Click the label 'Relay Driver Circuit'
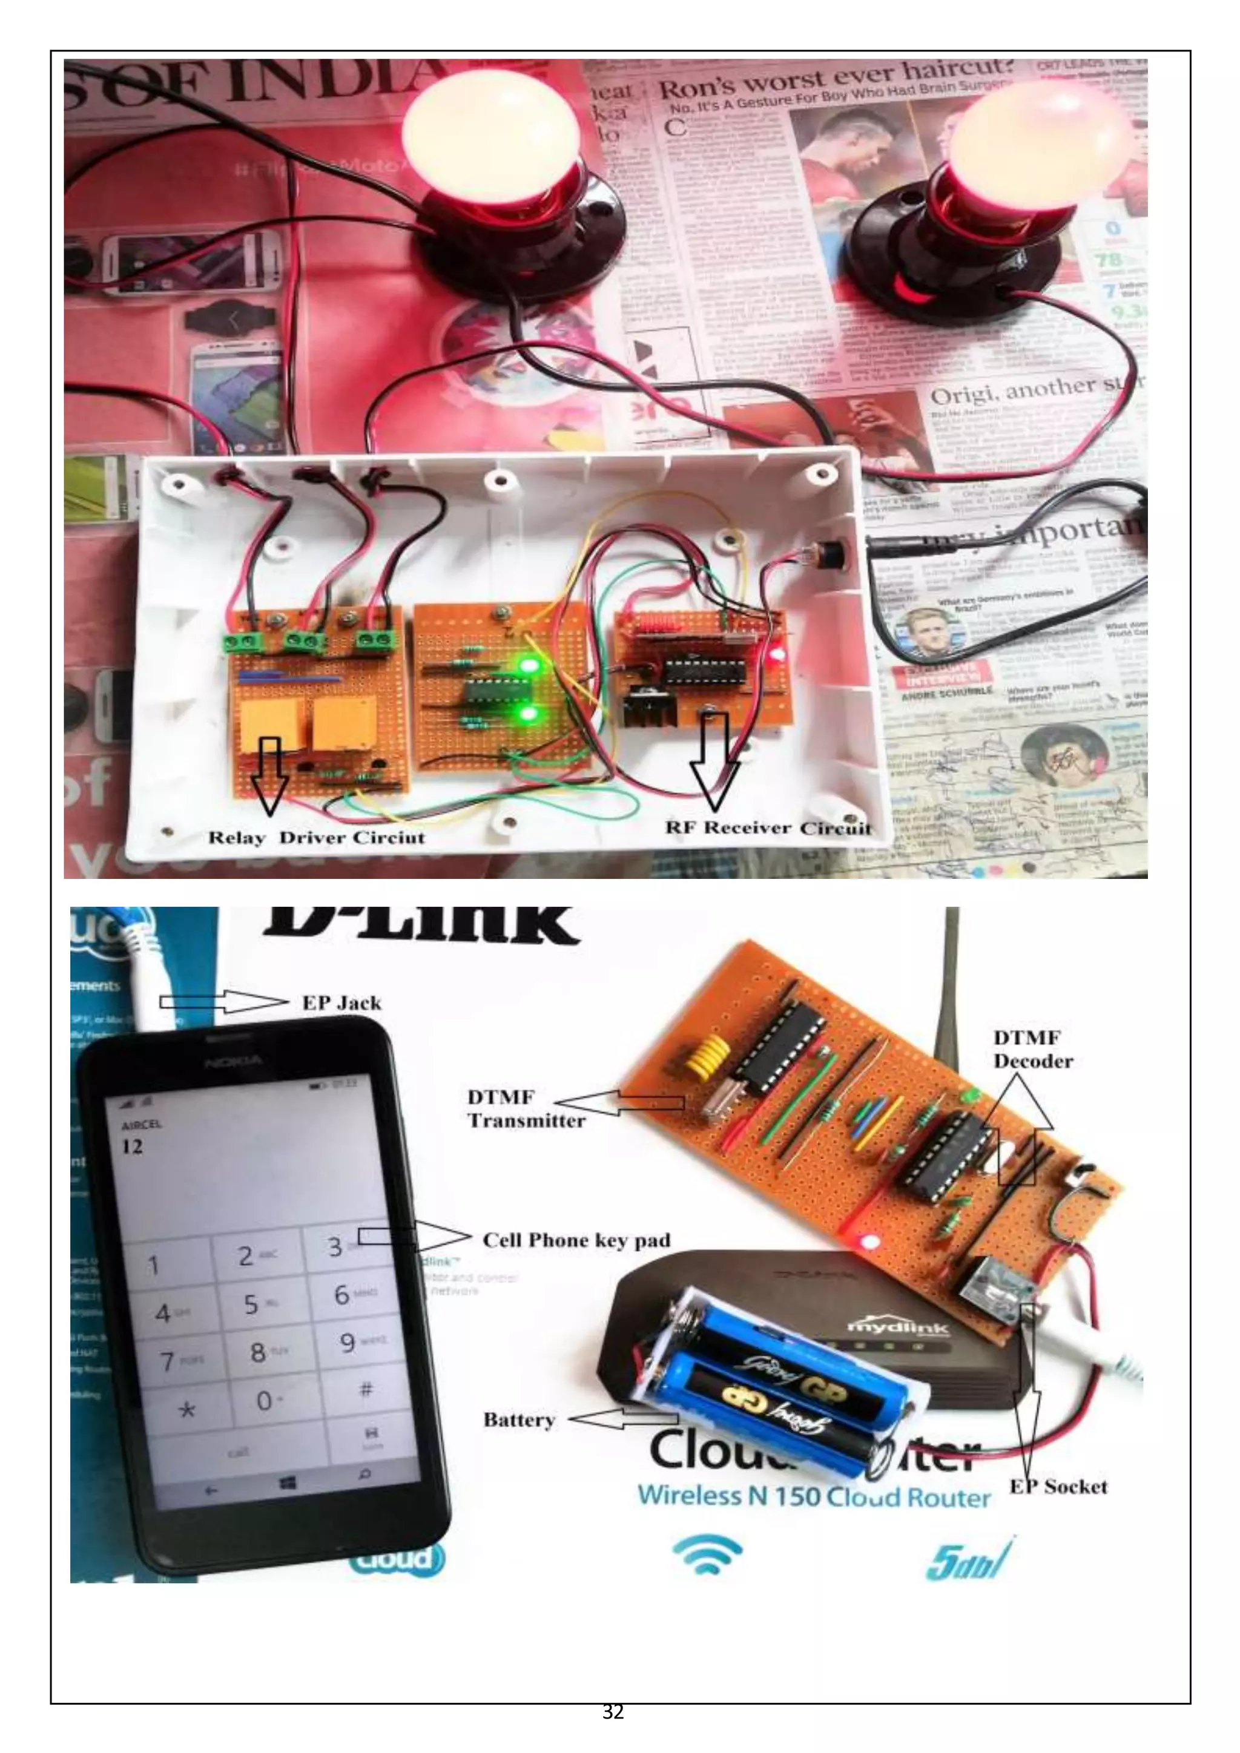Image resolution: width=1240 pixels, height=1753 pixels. point(316,838)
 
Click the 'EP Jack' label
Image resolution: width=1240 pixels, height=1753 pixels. point(341,1002)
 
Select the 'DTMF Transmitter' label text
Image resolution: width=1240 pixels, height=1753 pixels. point(526,1108)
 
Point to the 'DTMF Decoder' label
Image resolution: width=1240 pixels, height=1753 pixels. point(1032,1049)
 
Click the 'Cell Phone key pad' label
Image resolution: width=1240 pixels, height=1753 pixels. point(576,1240)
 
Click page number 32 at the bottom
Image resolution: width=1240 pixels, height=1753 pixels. point(613,1711)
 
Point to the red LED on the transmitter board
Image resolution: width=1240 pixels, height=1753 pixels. point(868,1242)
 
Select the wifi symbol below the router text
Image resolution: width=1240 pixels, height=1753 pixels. point(707,1554)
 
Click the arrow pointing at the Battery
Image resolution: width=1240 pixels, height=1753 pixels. point(622,1418)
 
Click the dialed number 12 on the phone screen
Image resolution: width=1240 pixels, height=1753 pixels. point(132,1146)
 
